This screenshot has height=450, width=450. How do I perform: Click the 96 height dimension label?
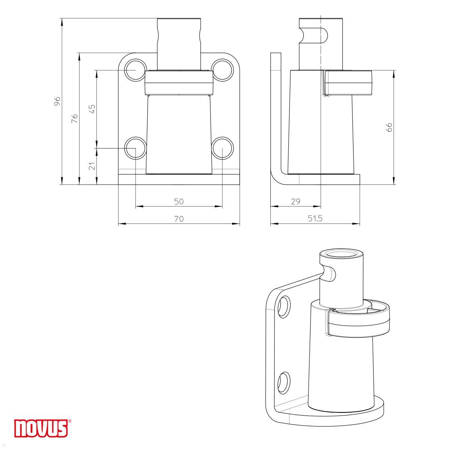pos(57,101)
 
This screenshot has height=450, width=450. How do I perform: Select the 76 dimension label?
pos(75,118)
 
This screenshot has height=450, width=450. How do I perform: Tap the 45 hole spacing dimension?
pos(92,108)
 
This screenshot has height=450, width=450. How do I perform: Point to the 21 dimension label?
pos(92,166)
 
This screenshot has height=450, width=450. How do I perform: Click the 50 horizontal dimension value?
pos(179,201)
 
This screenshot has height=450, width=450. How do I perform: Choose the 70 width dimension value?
pos(179,219)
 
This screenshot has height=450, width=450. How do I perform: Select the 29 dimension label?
pos(295,201)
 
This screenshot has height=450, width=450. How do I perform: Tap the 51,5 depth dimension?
pos(315,219)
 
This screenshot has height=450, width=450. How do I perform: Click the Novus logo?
pos(41,428)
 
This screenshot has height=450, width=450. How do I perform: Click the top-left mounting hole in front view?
pos(135,70)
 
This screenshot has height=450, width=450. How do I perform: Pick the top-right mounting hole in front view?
pos(222,70)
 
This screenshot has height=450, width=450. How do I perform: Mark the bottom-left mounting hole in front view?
pos(135,148)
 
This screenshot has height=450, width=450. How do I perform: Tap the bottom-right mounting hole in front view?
pos(222,148)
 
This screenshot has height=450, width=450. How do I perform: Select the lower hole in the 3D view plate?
pos(284,382)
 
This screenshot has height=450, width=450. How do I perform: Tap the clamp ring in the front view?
pos(179,83)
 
